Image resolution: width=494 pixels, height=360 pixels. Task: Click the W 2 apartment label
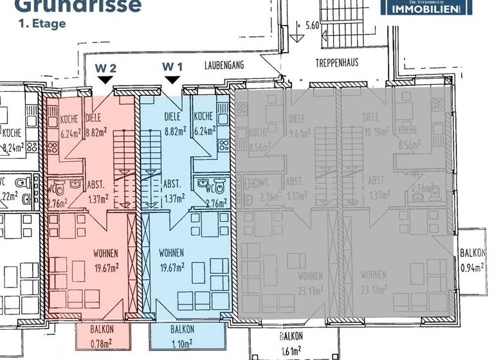[105, 67]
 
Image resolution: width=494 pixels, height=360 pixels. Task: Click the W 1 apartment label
[172, 67]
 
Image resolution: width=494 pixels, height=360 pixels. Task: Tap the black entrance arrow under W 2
[104, 79]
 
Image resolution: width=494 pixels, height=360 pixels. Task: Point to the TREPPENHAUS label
[336, 63]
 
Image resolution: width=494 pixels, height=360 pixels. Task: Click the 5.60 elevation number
[312, 26]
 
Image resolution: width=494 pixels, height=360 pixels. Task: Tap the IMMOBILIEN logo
[426, 8]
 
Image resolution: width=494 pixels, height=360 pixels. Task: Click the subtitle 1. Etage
[42, 24]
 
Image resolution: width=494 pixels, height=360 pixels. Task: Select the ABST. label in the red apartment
[97, 183]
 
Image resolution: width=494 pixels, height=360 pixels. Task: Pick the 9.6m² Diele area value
[300, 134]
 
